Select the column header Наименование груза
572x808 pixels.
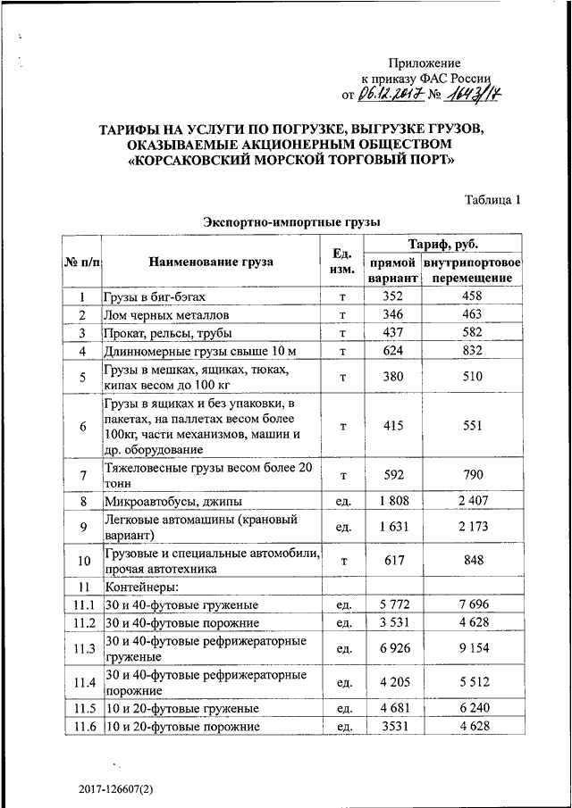coord(212,262)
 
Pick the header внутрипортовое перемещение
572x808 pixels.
coord(473,271)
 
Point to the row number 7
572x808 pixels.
coord(82,475)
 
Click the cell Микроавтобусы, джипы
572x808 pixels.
coord(172,502)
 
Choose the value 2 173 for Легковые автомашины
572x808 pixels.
coord(473,528)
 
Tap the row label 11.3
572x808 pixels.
coord(82,648)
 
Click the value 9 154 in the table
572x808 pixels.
coord(473,648)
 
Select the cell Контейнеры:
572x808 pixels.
coord(142,587)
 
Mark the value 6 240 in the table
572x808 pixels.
coord(473,708)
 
